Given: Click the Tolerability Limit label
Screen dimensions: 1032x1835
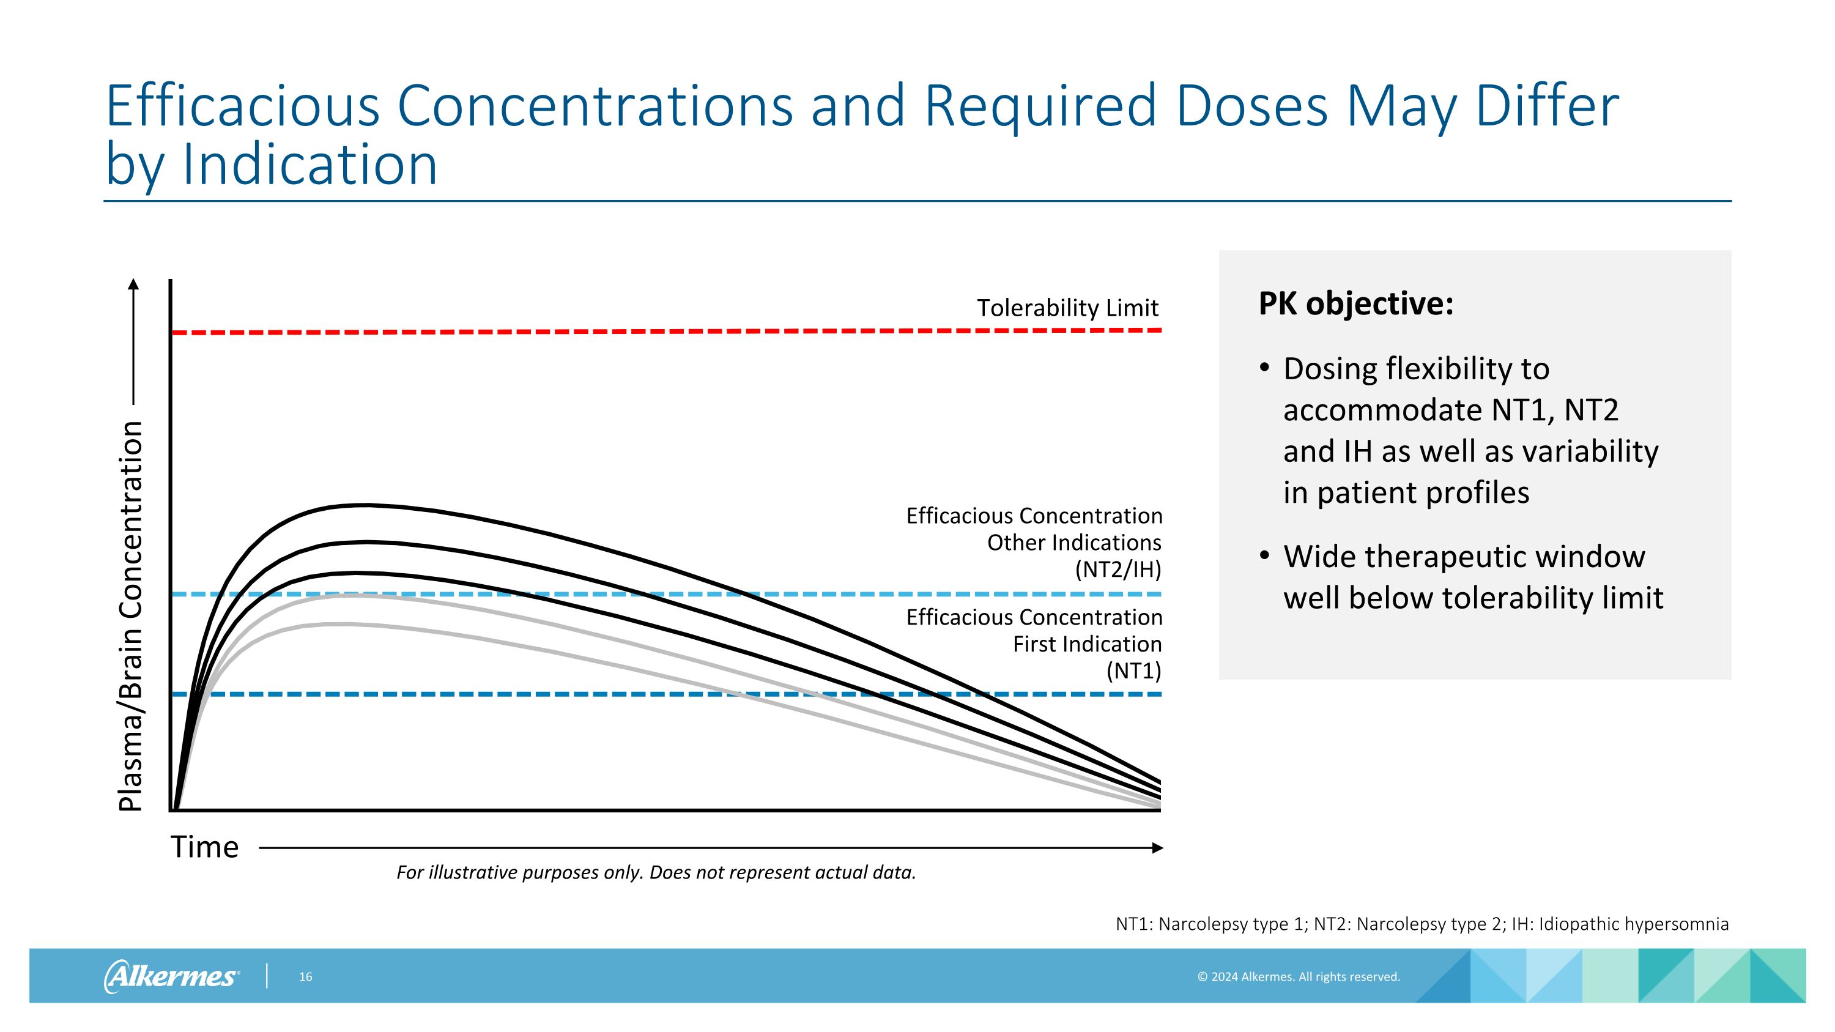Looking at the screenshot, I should point(1067,308).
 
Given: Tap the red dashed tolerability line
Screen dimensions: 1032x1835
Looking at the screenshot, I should point(641,332).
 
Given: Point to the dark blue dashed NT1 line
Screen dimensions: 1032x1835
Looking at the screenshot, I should point(499,694).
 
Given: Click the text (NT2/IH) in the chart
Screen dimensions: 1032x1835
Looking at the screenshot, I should point(1118,570).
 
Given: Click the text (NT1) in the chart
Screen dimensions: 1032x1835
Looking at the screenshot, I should point(1133,671).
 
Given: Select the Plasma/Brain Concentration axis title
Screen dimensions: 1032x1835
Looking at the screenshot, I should point(131,615).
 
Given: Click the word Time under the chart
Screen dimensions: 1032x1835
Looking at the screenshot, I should point(204,847).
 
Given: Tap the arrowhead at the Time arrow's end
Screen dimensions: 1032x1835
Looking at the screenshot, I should point(1157,847).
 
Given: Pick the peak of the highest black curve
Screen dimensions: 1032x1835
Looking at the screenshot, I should point(365,505).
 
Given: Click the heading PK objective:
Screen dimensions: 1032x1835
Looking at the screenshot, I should point(1355,304).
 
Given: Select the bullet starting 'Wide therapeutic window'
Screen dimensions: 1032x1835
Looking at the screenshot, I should point(1472,577).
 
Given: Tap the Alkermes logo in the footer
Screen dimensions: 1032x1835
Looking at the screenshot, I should point(171,976).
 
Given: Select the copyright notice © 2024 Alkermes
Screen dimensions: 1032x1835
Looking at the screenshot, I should point(1298,977).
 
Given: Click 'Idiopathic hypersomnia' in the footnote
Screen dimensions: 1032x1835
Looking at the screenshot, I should point(1633,924).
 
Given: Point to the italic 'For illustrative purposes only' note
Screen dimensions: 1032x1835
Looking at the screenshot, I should point(655,872).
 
